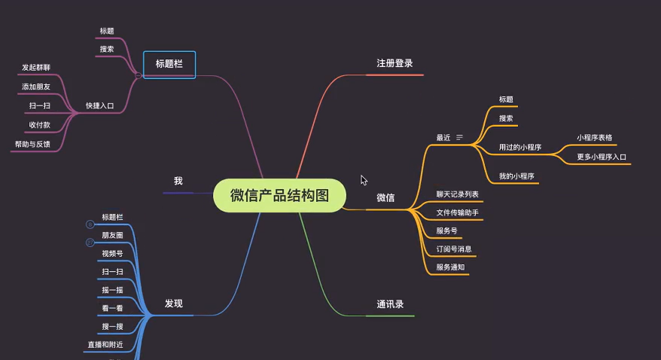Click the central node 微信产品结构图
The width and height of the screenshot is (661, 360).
click(279, 196)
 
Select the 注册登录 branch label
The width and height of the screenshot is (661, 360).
click(394, 64)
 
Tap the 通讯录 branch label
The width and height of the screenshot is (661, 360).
click(390, 305)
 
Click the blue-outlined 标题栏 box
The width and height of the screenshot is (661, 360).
click(169, 64)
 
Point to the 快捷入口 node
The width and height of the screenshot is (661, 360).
click(99, 106)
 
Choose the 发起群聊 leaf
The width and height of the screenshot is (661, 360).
click(36, 68)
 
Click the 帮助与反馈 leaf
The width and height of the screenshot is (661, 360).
click(32, 144)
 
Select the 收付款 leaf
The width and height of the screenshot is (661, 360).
click(39, 125)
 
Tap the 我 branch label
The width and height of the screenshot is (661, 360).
click(178, 182)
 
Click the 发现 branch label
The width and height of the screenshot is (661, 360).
click(174, 304)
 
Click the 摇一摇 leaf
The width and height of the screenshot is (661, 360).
click(112, 290)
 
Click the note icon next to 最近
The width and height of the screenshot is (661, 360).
click(459, 138)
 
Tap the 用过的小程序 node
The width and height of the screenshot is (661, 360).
click(520, 147)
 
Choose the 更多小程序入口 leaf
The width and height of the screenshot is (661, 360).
click(602, 157)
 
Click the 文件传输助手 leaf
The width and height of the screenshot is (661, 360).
click(457, 213)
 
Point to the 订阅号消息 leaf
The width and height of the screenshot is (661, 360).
click(454, 249)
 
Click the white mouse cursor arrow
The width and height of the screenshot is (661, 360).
click(364, 180)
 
